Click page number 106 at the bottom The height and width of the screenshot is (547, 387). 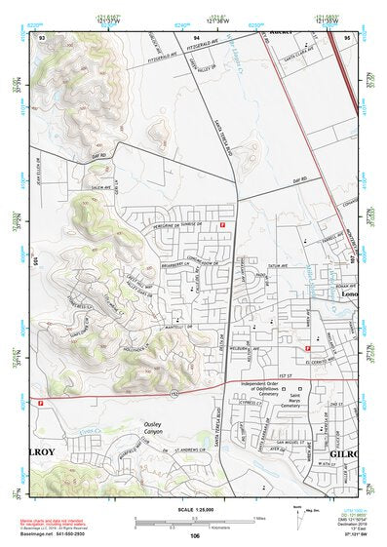pyautogui.click(x=194, y=536)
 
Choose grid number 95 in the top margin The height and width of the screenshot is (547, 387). pyautogui.click(x=347, y=36)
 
